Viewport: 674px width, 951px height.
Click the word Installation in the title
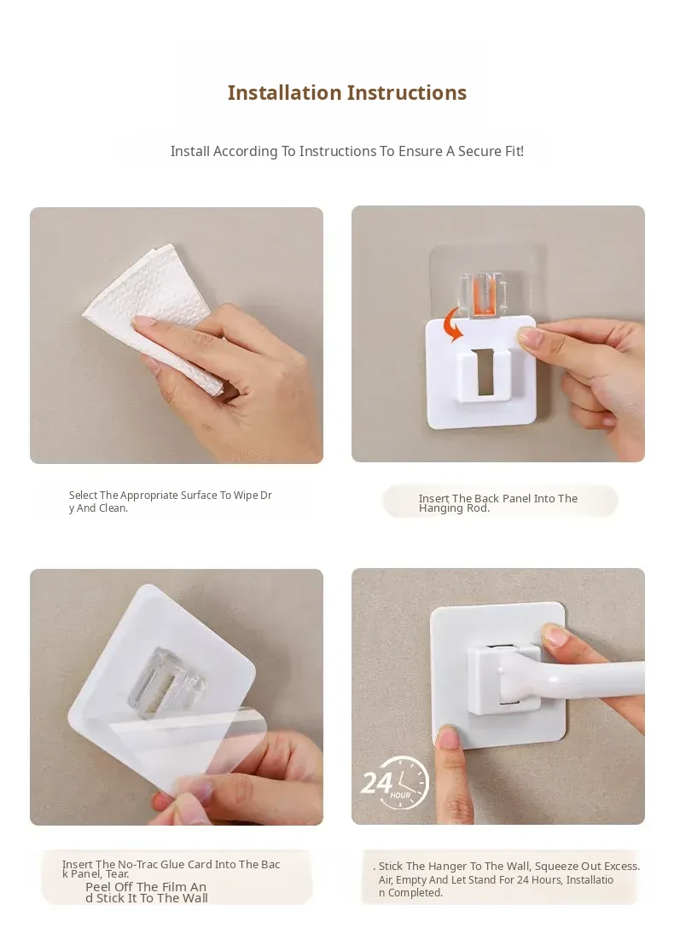[284, 93]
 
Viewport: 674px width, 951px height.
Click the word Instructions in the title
[407, 93]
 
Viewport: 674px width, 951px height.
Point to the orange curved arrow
[452, 324]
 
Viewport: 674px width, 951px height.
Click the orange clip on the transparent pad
[484, 296]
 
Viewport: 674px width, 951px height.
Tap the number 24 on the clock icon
[377, 782]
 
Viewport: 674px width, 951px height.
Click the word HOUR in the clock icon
[400, 795]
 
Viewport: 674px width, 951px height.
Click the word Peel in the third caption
[98, 887]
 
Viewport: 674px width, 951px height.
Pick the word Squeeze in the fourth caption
[556, 867]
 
